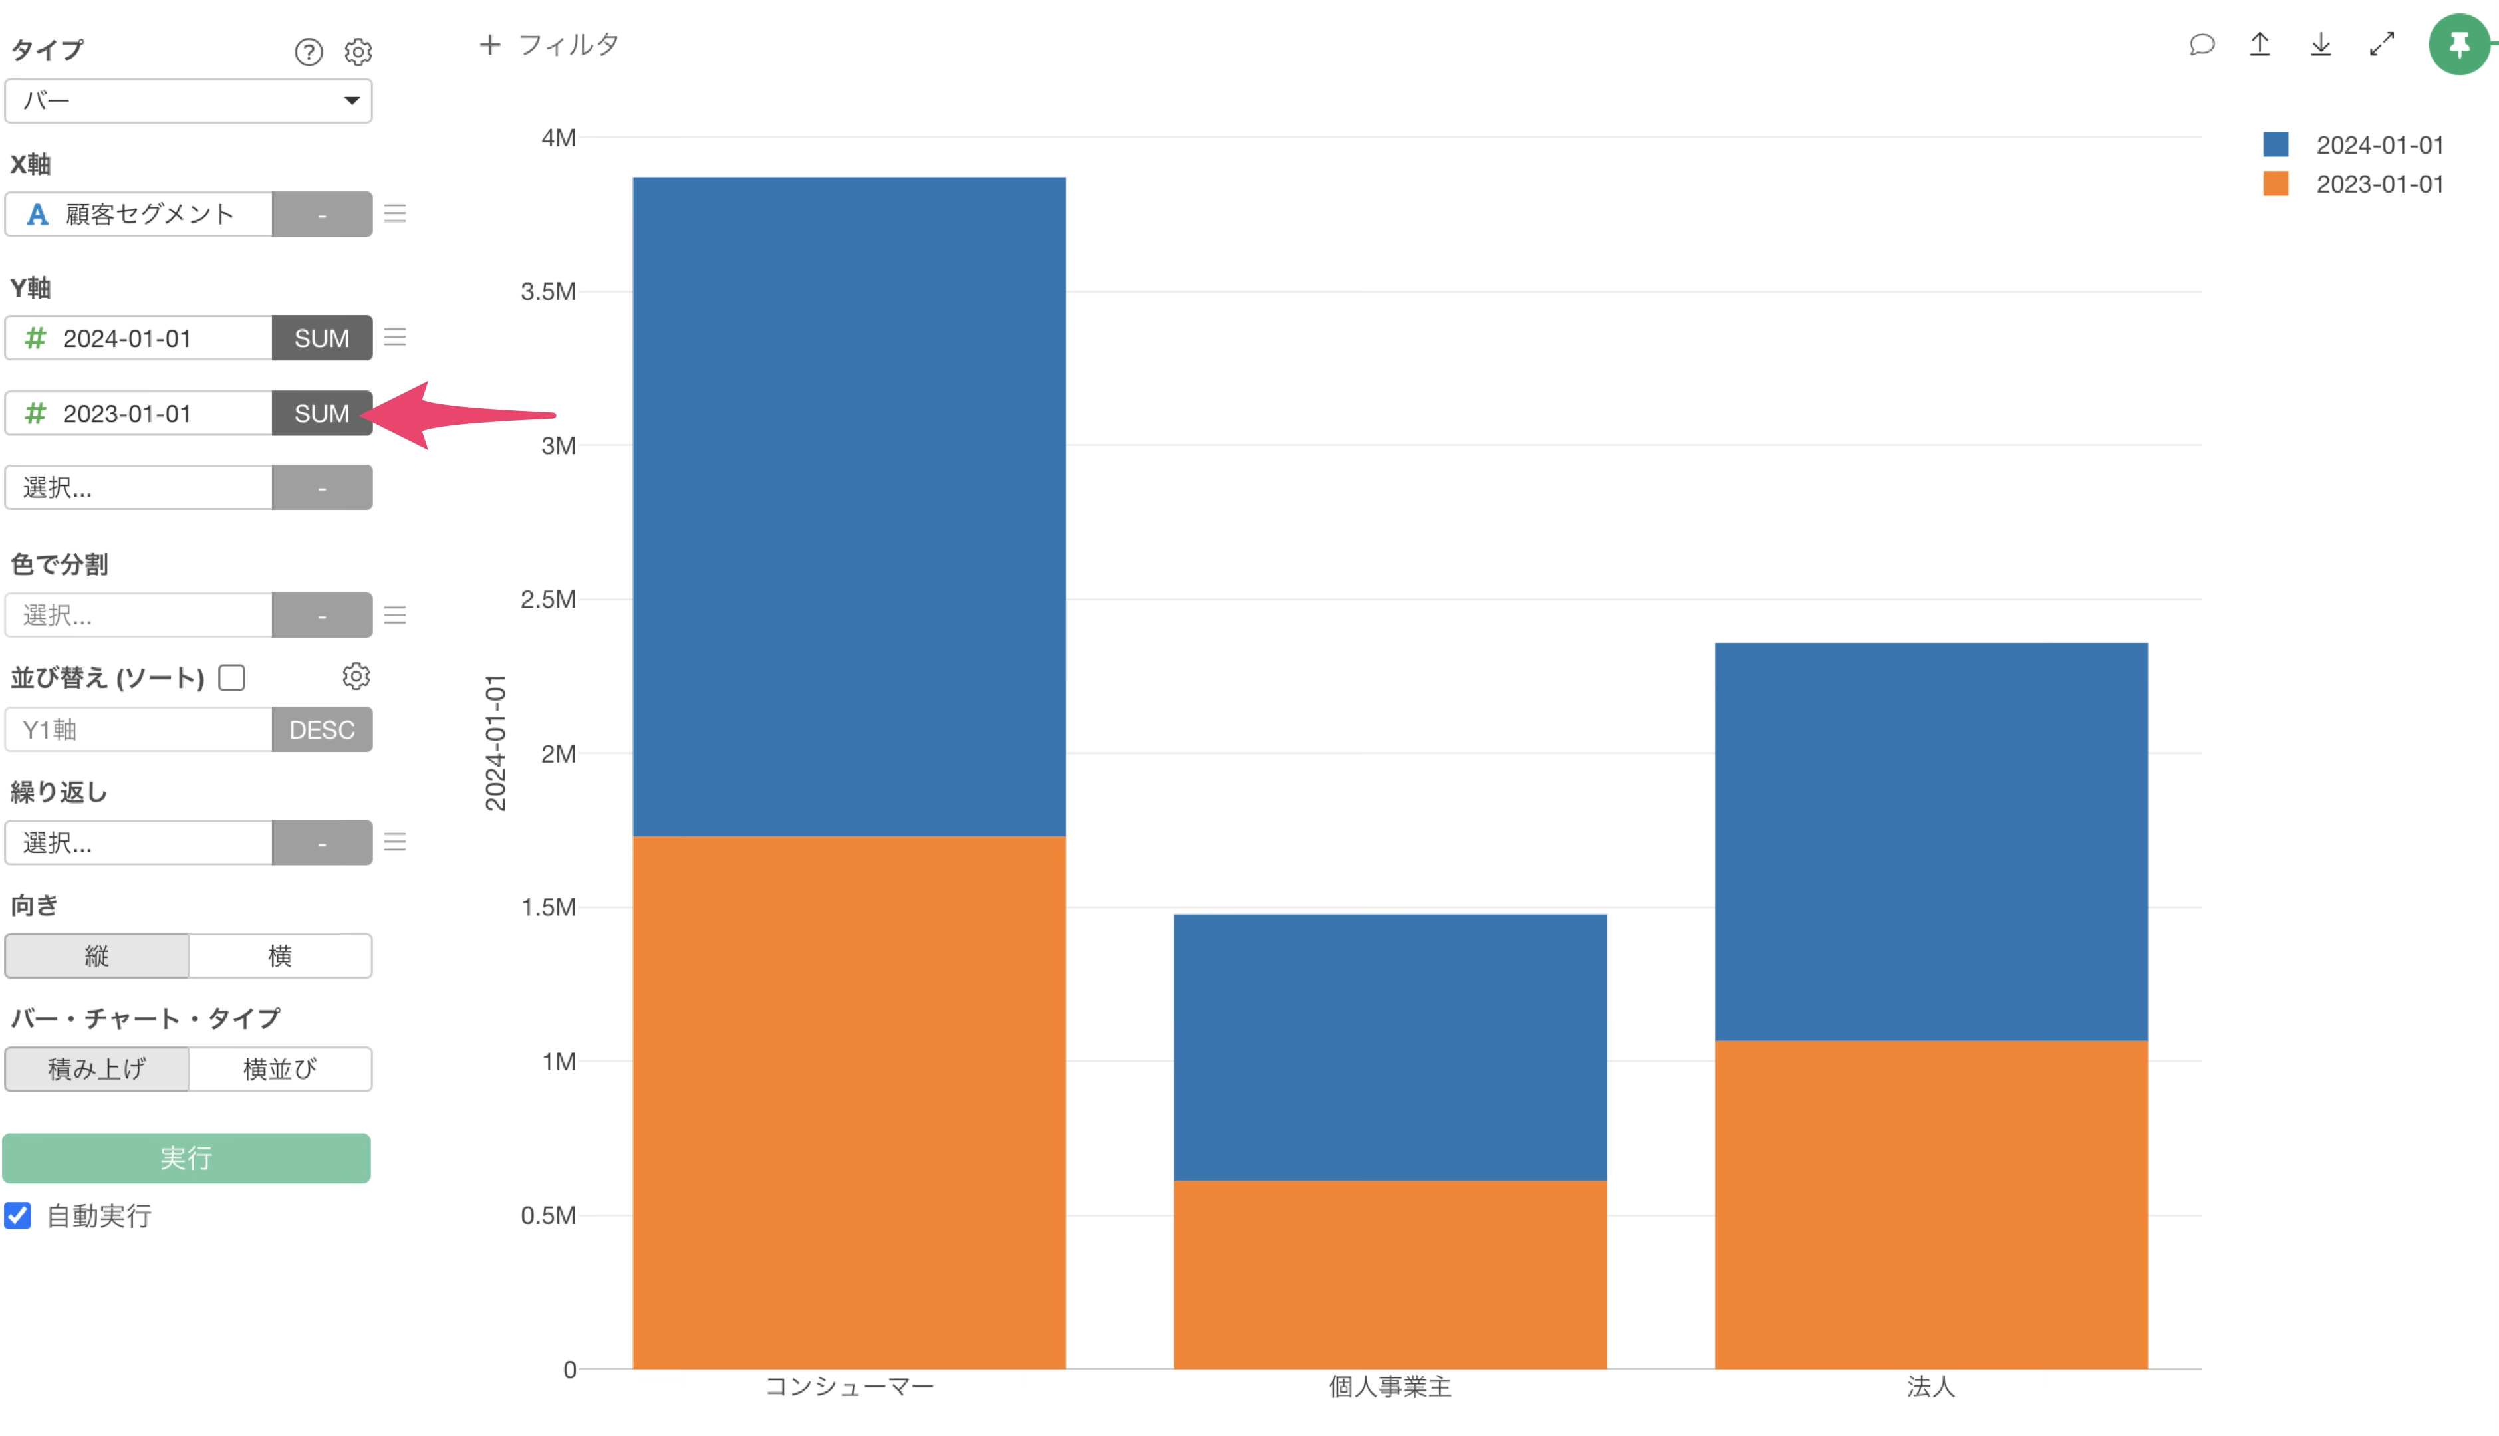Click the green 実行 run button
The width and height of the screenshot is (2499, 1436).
186,1158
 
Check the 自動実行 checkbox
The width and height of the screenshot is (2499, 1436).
18,1215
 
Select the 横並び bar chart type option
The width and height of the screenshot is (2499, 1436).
280,1069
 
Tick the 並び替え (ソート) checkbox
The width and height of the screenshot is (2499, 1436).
232,677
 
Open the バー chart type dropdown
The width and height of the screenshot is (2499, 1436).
188,100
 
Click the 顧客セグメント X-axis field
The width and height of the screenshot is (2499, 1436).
139,214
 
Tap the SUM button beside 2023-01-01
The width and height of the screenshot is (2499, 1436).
321,414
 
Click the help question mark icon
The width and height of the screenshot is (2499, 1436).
309,51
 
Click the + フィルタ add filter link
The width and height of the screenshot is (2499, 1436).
549,45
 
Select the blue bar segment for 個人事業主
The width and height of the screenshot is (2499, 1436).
1390,1046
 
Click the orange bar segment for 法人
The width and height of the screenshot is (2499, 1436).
1930,1203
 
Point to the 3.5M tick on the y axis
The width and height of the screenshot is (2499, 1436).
549,291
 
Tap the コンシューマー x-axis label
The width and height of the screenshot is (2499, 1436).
849,1387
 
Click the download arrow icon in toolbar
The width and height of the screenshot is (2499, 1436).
2321,45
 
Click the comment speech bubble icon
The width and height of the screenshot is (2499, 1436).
2201,45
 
